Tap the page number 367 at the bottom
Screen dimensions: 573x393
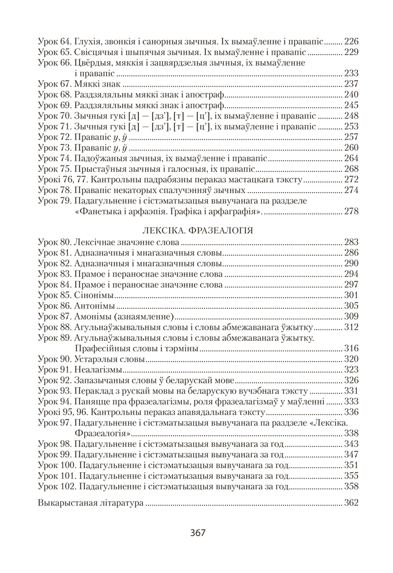[x=197, y=532]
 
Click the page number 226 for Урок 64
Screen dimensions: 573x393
[x=351, y=42]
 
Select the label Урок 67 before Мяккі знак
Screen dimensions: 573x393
[x=54, y=84]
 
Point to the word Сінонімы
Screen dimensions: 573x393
[x=94, y=295]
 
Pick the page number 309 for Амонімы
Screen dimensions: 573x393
[x=351, y=316]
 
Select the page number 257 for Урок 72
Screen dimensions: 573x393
[x=351, y=137]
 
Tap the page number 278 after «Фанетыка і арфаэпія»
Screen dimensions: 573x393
[x=351, y=211]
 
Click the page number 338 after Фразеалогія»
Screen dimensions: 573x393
[x=351, y=433]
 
